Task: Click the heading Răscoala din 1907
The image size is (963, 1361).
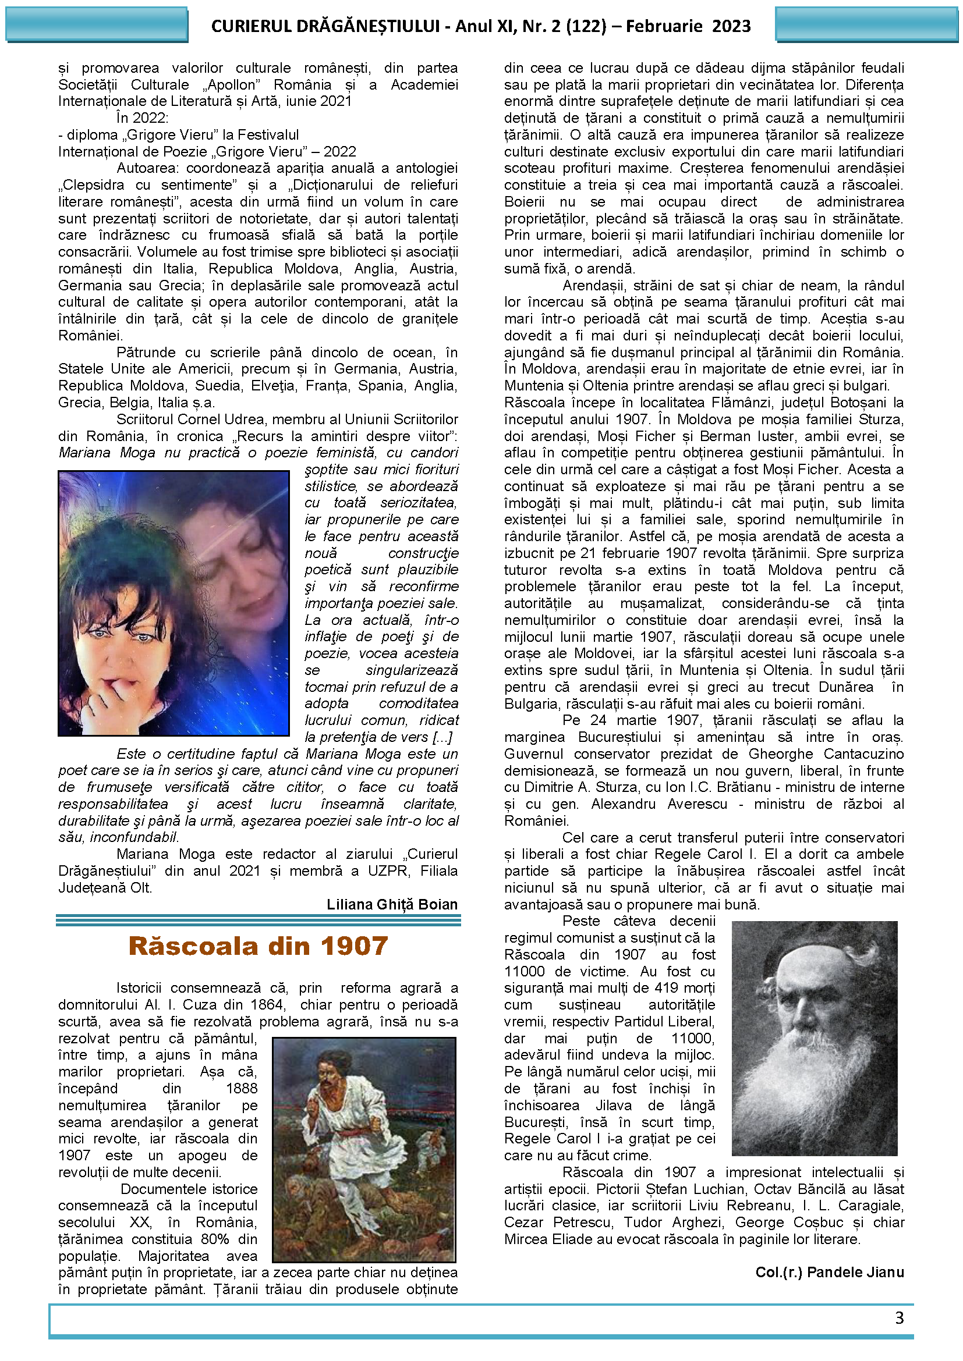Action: [x=258, y=946]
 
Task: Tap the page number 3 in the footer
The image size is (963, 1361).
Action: [x=899, y=1318]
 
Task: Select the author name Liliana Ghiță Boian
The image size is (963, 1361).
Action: [x=392, y=905]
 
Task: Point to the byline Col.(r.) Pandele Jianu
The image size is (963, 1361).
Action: [x=830, y=1273]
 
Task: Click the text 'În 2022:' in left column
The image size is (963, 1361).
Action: [x=142, y=118]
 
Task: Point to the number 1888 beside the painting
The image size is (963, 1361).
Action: [x=242, y=1089]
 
